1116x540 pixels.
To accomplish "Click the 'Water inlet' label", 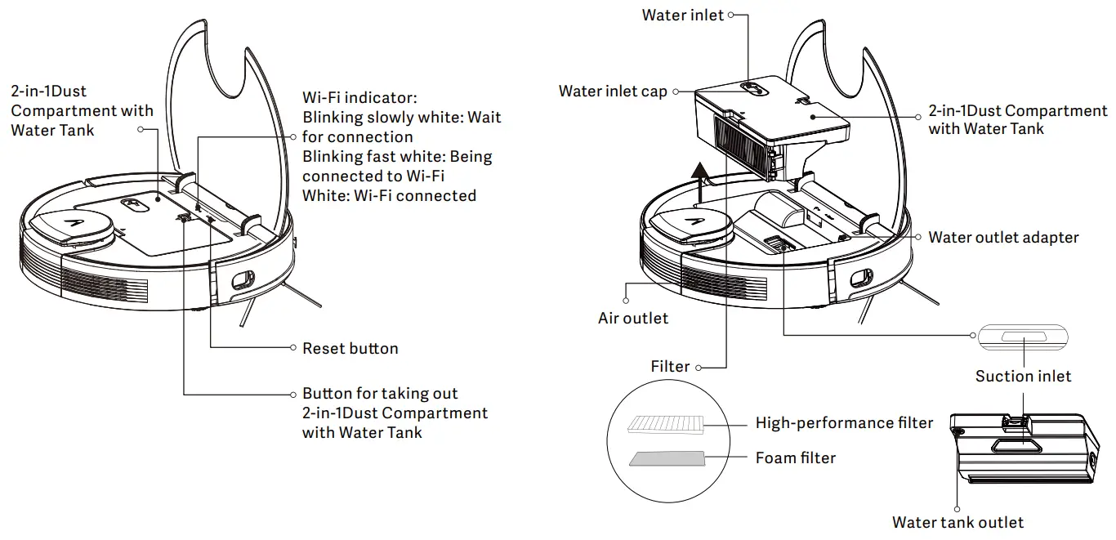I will tap(682, 16).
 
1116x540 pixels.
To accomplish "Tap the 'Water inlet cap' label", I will tap(613, 91).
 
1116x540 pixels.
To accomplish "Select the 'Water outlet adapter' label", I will tap(1003, 238).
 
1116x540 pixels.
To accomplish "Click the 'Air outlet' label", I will tap(633, 319).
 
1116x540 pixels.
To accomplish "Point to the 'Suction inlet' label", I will tap(1023, 377).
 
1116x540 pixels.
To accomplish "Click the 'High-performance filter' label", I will tap(844, 423).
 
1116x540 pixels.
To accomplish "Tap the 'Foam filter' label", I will tap(795, 458).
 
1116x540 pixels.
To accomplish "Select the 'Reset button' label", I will tap(350, 349).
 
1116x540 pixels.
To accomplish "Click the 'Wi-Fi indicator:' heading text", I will tap(359, 96).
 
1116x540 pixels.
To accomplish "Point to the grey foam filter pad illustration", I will tap(666, 458).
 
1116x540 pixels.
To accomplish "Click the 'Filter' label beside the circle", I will tap(670, 367).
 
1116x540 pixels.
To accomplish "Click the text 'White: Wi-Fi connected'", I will tap(389, 196).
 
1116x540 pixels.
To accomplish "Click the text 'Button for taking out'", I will tap(380, 394).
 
